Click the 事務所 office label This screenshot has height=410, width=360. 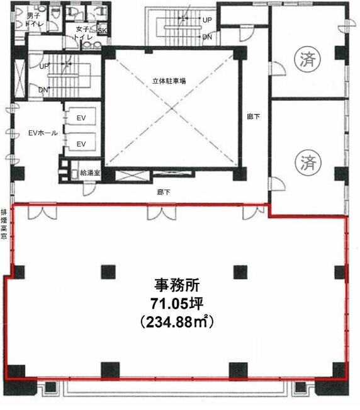(177, 285)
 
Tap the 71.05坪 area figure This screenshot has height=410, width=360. (177, 304)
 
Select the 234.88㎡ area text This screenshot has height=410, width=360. (177, 322)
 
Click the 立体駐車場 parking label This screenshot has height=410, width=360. (169, 81)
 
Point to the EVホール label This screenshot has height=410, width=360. (43, 133)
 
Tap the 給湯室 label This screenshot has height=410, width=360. (90, 173)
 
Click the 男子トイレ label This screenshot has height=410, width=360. (35, 20)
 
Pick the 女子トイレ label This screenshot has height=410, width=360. (83, 33)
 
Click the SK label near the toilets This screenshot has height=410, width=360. (102, 31)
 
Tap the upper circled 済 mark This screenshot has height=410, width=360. (307, 59)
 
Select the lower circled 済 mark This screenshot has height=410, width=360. (308, 162)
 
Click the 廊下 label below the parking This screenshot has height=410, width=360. (164, 192)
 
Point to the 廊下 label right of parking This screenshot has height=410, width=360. (254, 117)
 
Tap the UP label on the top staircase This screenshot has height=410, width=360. (207, 20)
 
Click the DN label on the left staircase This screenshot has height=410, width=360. (43, 89)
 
